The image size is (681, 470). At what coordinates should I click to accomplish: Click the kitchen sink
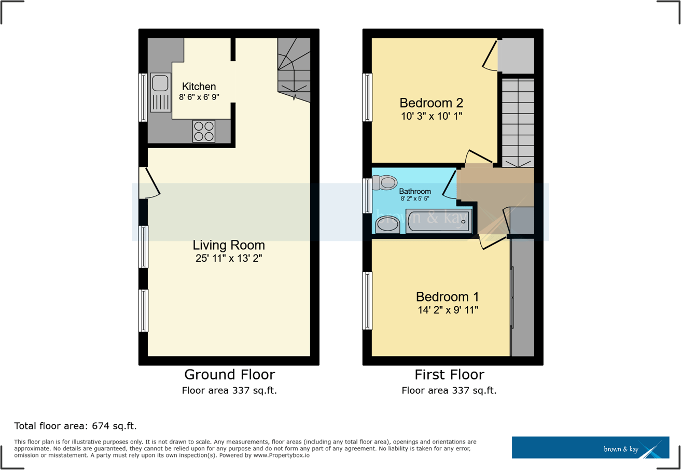click(x=160, y=93)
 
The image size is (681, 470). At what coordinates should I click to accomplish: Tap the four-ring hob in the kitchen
click(x=203, y=131)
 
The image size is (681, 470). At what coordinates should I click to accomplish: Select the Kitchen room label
click(x=199, y=87)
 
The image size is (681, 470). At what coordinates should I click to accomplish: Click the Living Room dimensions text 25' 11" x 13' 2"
click(x=229, y=258)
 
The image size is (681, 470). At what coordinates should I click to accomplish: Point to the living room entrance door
click(x=150, y=182)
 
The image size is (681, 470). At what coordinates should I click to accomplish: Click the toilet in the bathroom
click(x=383, y=182)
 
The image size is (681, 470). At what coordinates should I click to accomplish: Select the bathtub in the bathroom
click(x=439, y=221)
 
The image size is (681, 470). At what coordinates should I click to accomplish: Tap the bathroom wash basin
click(x=387, y=224)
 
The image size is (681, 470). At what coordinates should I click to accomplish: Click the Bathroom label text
click(x=414, y=191)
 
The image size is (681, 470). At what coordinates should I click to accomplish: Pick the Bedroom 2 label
click(x=430, y=102)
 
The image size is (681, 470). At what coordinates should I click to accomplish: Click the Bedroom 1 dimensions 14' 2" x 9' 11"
click(x=447, y=310)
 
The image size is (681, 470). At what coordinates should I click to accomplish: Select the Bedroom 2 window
click(x=367, y=97)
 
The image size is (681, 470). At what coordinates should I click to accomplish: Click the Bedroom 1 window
click(x=367, y=301)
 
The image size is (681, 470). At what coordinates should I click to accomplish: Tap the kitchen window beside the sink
click(x=143, y=97)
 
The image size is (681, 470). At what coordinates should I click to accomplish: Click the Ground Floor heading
click(x=229, y=375)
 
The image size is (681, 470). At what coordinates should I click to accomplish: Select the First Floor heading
click(x=449, y=375)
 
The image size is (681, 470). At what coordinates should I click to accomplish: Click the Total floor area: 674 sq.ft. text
click(x=75, y=426)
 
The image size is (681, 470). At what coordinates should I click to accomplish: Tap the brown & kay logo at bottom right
click(x=590, y=447)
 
